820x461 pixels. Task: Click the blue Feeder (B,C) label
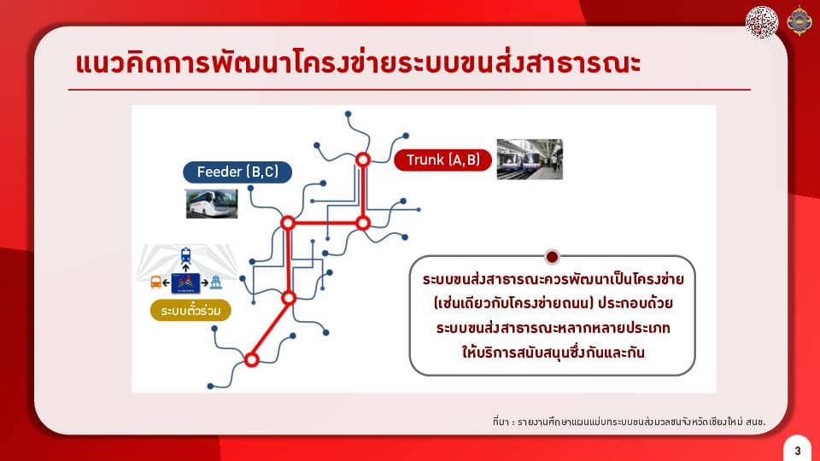click(237, 172)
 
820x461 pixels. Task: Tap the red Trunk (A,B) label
click(442, 160)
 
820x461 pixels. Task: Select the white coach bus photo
click(212, 203)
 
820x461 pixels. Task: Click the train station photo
click(530, 160)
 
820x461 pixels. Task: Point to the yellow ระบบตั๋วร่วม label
click(190, 311)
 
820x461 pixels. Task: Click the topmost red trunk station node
click(363, 160)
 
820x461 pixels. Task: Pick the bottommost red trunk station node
click(251, 359)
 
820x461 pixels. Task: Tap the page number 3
click(798, 451)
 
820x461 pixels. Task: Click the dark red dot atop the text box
click(552, 257)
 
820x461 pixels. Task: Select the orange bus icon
click(155, 283)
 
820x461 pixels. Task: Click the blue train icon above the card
click(185, 255)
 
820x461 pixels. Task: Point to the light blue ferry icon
click(215, 283)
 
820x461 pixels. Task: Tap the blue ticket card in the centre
click(185, 283)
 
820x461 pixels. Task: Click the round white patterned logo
click(762, 21)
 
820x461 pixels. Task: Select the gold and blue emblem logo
click(799, 20)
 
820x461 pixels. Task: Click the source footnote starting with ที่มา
click(630, 421)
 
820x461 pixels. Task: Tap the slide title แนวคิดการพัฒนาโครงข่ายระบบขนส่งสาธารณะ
click(359, 62)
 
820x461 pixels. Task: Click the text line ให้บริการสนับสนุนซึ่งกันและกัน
click(553, 353)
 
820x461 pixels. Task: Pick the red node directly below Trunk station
click(363, 223)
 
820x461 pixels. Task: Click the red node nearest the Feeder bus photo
click(288, 223)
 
